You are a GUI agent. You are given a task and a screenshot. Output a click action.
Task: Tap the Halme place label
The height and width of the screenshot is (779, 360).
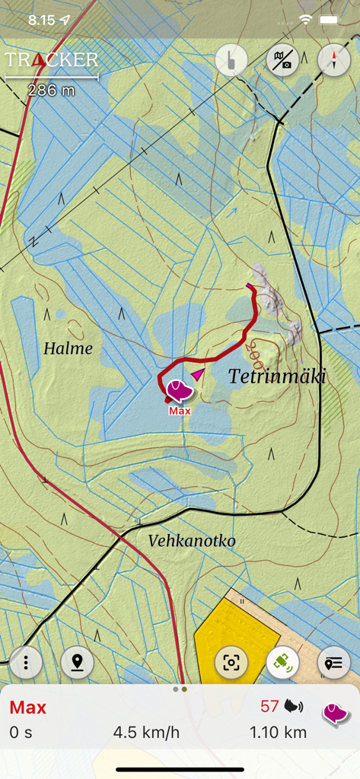click(68, 348)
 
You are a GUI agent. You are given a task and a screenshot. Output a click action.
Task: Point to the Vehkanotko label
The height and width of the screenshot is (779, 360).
click(192, 540)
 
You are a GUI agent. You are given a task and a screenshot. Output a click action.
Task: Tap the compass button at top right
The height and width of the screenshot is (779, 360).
click(333, 60)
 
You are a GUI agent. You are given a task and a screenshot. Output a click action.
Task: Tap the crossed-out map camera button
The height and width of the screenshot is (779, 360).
click(282, 60)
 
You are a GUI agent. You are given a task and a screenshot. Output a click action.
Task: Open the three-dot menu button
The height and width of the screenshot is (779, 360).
click(27, 663)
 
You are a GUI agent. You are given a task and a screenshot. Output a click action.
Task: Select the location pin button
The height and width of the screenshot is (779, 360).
click(77, 663)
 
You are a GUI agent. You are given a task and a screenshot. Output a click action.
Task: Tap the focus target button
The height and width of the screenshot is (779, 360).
click(231, 663)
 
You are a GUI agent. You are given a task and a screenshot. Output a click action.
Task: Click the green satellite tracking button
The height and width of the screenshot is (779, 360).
click(282, 663)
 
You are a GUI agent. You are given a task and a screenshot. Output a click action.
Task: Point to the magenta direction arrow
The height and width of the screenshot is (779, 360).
click(199, 374)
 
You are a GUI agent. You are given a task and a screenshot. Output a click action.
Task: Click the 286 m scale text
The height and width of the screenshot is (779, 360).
click(52, 91)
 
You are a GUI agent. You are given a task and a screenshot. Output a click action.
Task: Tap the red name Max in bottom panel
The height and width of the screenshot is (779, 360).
click(28, 707)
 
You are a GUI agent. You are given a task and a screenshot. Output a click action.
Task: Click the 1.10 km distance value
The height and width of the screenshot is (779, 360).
click(278, 733)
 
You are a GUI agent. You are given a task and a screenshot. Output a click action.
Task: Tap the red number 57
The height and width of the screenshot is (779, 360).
click(269, 707)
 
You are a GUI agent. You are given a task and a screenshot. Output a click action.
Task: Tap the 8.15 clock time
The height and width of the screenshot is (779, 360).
click(42, 20)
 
